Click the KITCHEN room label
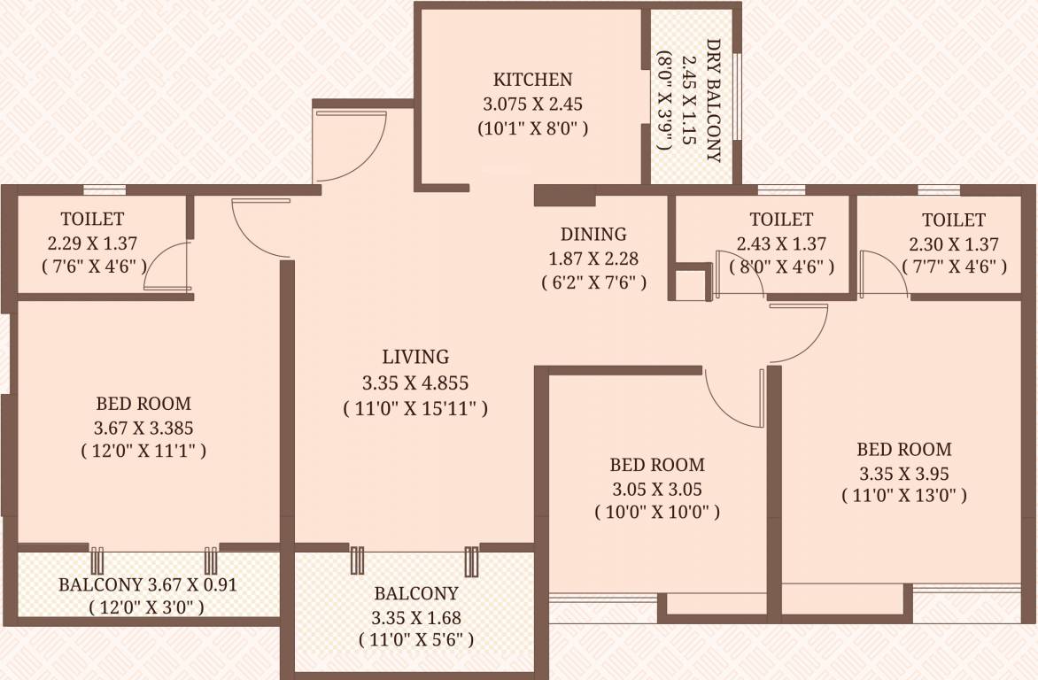point(532,79)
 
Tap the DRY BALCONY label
point(713,100)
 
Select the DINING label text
point(593,235)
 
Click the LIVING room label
point(415,357)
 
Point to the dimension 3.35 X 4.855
point(415,383)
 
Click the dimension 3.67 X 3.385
point(143,428)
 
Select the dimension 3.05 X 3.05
point(656,489)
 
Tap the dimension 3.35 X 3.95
point(903,473)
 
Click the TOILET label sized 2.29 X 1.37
point(92,219)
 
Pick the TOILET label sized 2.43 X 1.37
point(780,219)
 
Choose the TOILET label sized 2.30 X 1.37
point(953,220)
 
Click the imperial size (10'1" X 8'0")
point(532,128)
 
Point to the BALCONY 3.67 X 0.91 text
point(148,585)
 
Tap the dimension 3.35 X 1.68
point(415,618)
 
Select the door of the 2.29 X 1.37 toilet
point(167,266)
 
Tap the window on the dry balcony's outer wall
point(737,97)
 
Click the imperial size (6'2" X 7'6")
point(593,283)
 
